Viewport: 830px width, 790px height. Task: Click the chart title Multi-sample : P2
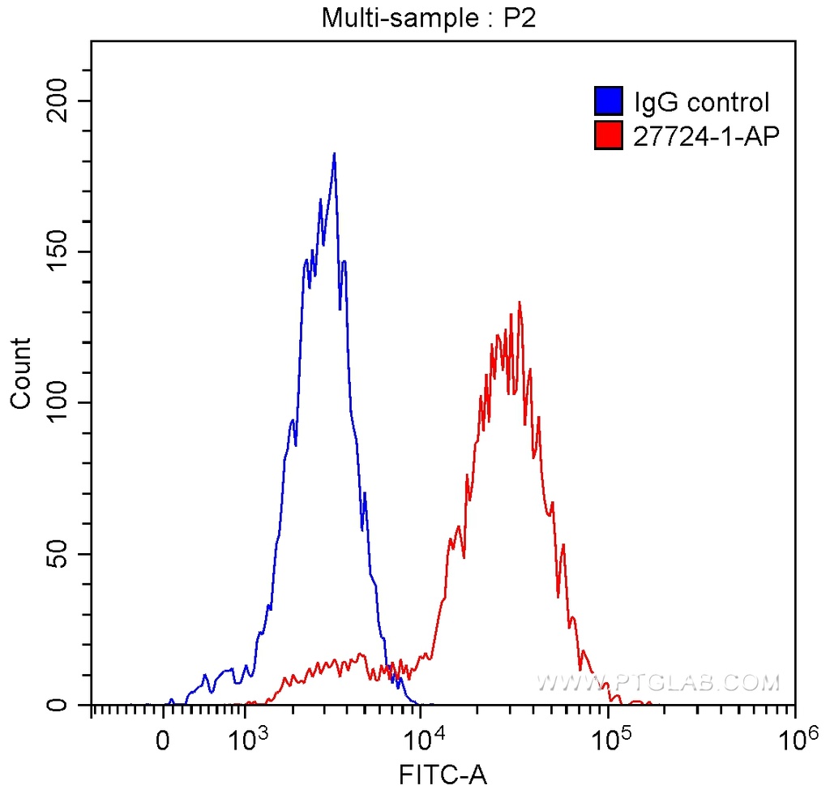tap(430, 18)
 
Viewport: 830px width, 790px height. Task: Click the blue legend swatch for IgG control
tap(609, 102)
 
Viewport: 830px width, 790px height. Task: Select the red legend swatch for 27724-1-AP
tap(609, 136)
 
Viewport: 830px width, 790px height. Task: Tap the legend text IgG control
tap(701, 103)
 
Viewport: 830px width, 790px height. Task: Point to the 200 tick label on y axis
tap(58, 101)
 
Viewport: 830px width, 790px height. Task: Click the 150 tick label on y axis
tap(58, 251)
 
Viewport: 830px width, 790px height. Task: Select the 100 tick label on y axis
tap(58, 403)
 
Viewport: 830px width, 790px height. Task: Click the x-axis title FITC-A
tap(443, 775)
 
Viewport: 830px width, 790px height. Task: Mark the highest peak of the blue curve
tap(334, 153)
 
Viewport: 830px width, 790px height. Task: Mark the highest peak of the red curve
tap(519, 303)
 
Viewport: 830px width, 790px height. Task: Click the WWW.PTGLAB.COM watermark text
tap(658, 683)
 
